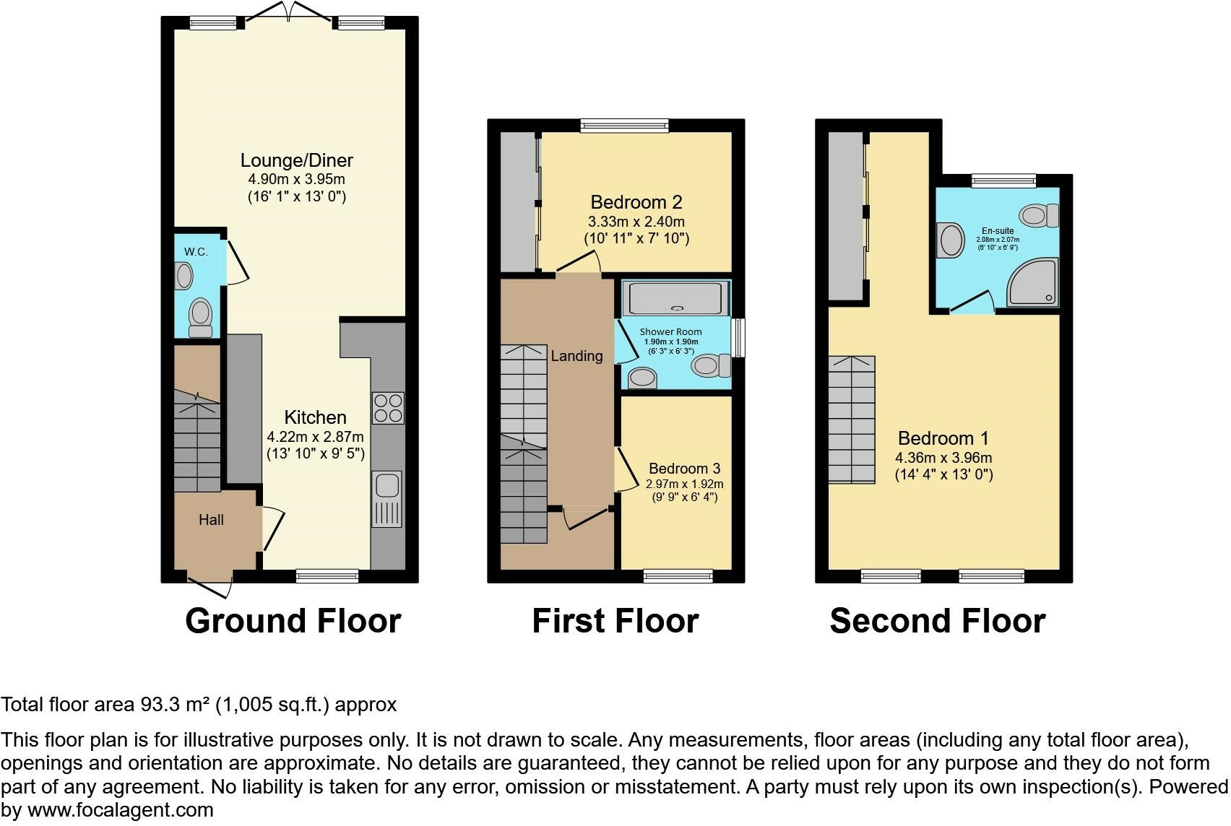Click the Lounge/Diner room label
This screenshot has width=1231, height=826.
[296, 160]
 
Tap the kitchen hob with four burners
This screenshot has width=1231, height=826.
[387, 408]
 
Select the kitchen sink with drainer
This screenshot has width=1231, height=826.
[387, 498]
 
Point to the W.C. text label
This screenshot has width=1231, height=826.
[196, 252]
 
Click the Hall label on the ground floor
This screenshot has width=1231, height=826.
[211, 520]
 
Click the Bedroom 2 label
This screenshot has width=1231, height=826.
[636, 202]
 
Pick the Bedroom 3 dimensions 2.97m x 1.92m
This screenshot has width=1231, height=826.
[684, 484]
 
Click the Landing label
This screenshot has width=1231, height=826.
[576, 356]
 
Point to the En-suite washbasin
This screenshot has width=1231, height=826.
[950, 240]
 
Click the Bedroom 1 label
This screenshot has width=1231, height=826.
[943, 438]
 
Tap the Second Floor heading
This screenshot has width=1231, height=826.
[937, 621]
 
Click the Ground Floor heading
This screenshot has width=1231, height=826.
[293, 621]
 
